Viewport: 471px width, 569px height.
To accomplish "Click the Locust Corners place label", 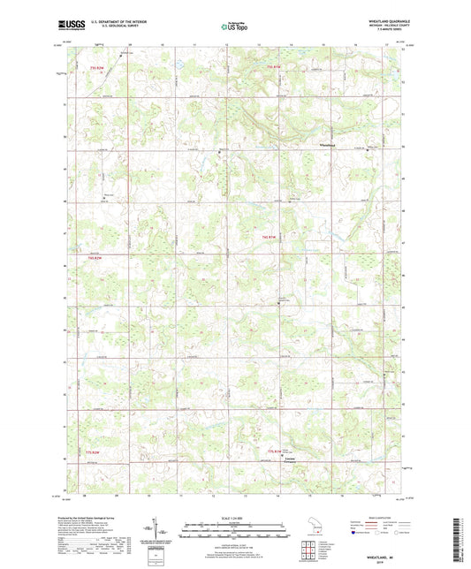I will coord(289,459).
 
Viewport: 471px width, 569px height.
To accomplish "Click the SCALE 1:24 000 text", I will coord(234,517).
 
